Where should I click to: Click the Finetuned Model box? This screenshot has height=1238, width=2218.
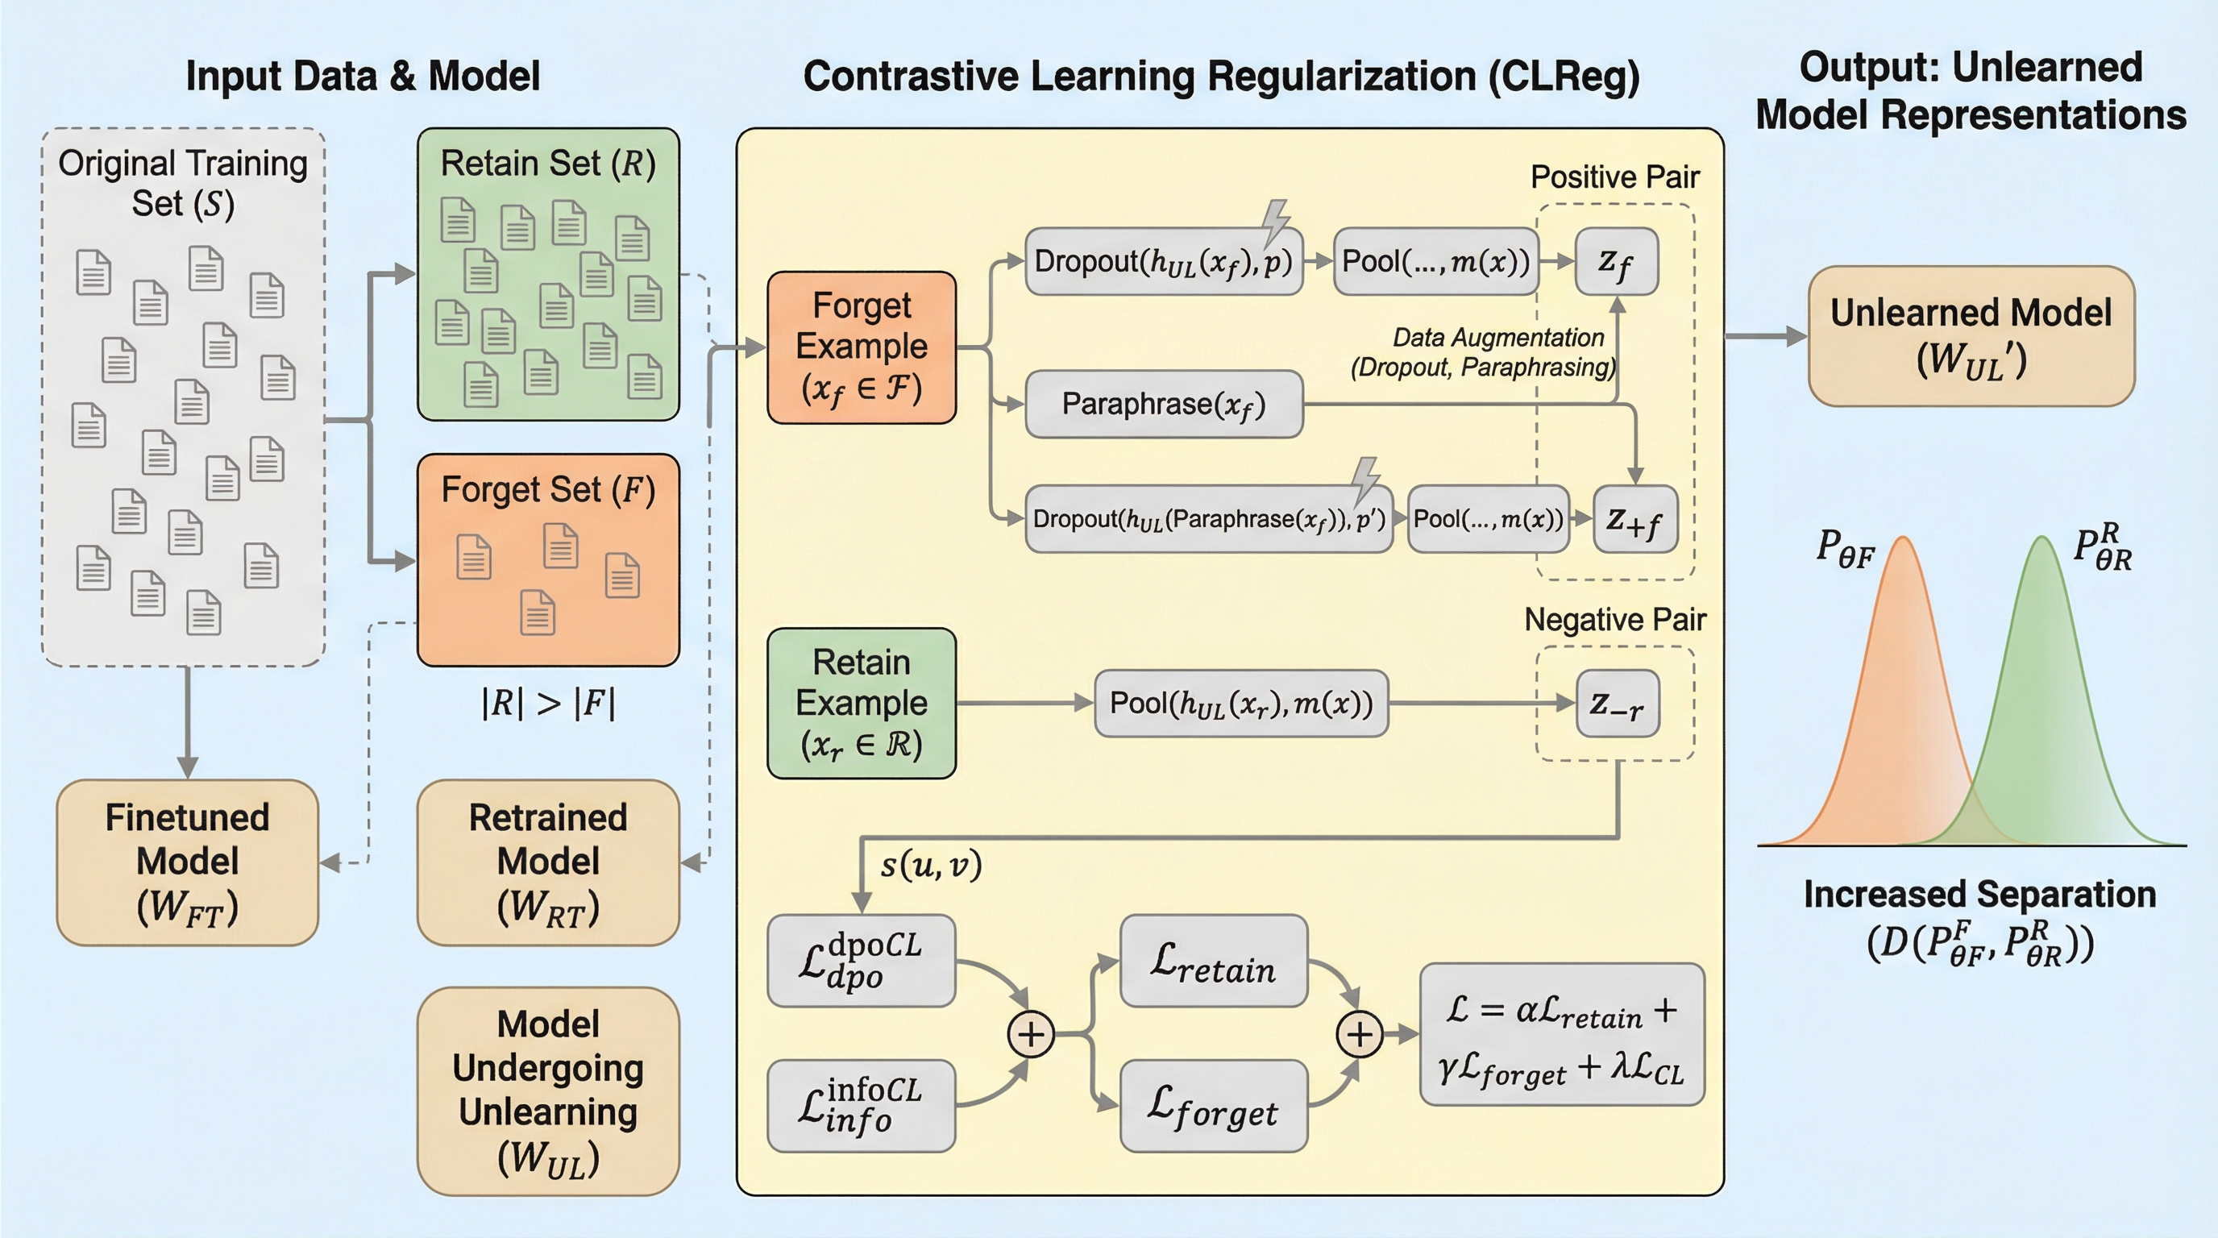tap(187, 862)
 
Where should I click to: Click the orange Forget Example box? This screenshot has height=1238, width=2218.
tap(861, 347)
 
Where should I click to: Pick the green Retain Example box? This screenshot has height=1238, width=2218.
tap(861, 703)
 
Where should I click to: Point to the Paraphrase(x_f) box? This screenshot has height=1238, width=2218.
tap(1163, 404)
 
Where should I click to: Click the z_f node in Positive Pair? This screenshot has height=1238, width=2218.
tap(1616, 261)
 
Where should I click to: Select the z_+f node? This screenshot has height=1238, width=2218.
tap(1634, 518)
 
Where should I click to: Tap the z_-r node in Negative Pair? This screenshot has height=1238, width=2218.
tap(1617, 704)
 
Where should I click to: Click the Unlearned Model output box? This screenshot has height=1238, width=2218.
tap(1971, 336)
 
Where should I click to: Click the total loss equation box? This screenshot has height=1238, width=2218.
tap(1561, 1034)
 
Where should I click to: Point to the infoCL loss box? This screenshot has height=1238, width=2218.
tap(861, 1106)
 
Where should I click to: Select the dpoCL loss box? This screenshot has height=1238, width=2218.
tap(861, 960)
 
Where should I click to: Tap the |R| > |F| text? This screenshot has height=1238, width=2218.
tap(549, 704)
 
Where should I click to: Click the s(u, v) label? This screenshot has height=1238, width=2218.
tap(931, 864)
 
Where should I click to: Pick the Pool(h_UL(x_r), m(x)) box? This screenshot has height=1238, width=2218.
tap(1240, 704)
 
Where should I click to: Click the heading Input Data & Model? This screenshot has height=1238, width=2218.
tap(363, 76)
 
